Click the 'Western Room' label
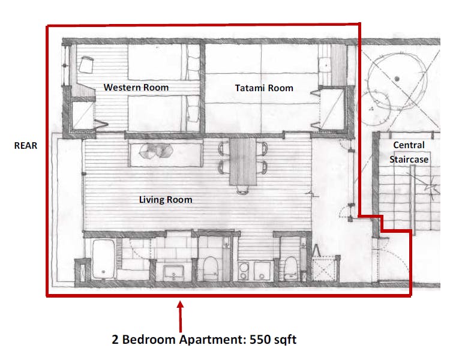click(x=136, y=88)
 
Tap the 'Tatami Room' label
click(x=263, y=88)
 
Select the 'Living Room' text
click(x=166, y=199)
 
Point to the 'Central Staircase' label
click(x=409, y=152)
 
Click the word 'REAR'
click(x=26, y=146)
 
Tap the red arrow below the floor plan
click(x=179, y=315)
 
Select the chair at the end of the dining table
click(x=242, y=191)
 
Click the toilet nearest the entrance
click(x=290, y=265)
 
